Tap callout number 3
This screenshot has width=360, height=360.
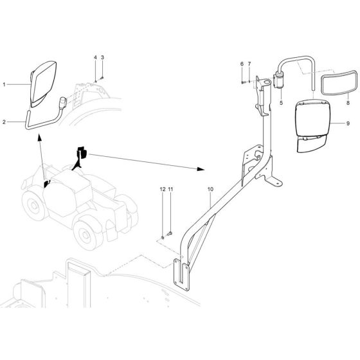(x=102, y=58)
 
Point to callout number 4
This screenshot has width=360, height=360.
(x=95, y=58)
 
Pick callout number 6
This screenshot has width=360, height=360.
(x=242, y=64)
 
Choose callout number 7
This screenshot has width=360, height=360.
(x=249, y=64)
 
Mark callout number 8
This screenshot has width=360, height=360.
(x=348, y=102)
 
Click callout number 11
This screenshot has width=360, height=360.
(x=170, y=189)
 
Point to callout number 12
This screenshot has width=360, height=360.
(x=163, y=189)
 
